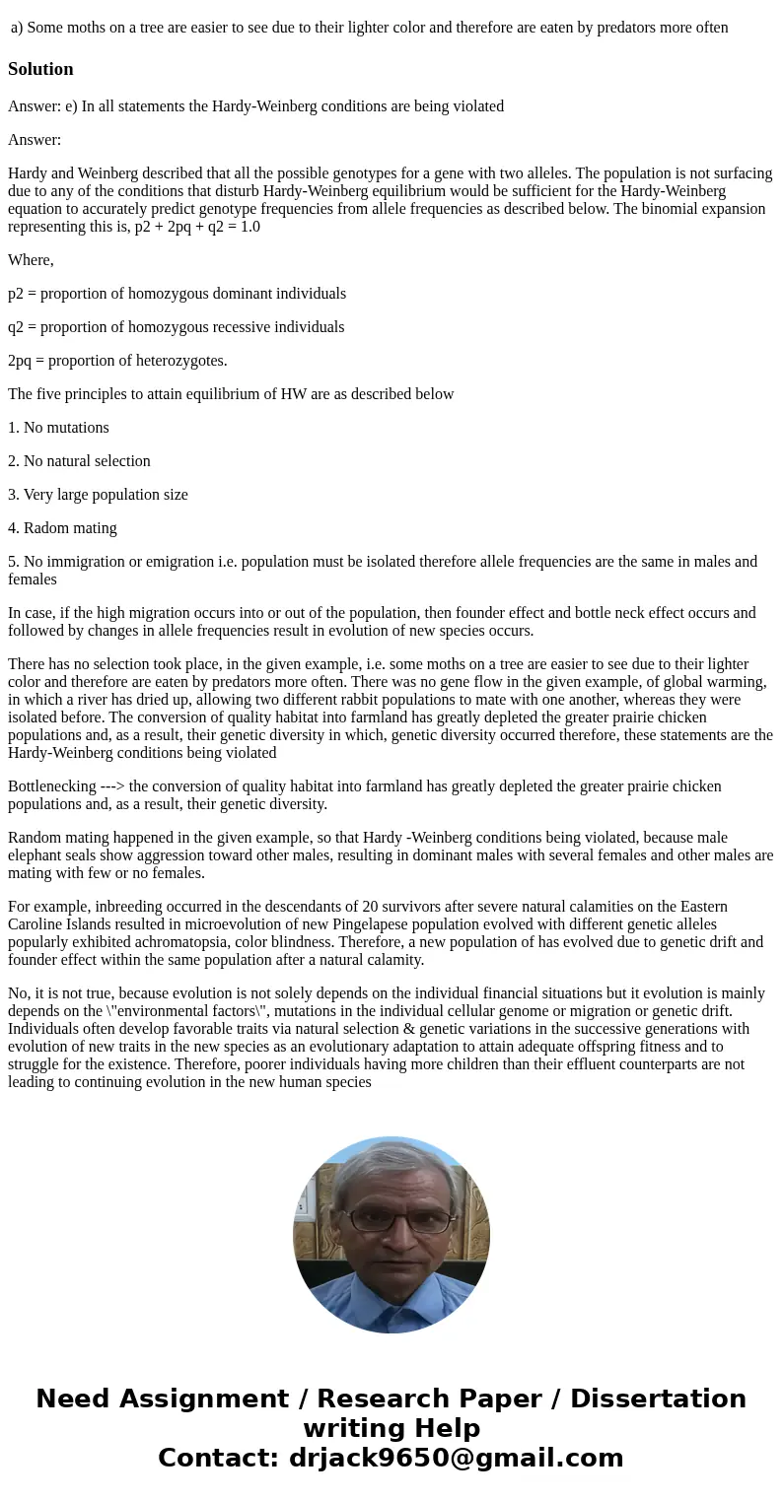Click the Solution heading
pos(40,69)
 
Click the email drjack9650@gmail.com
pos(456,1458)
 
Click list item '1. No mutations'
pos(58,428)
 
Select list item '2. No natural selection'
pos(79,461)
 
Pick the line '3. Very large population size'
pos(98,495)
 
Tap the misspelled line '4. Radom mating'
pos(62,528)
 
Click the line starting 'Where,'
pos(31,260)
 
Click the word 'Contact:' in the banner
pos(218,1458)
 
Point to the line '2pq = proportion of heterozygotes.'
pos(117,361)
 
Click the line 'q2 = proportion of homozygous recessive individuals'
pos(176,327)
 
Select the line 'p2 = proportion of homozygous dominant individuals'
pos(177,294)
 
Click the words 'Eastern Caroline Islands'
pos(690,907)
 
